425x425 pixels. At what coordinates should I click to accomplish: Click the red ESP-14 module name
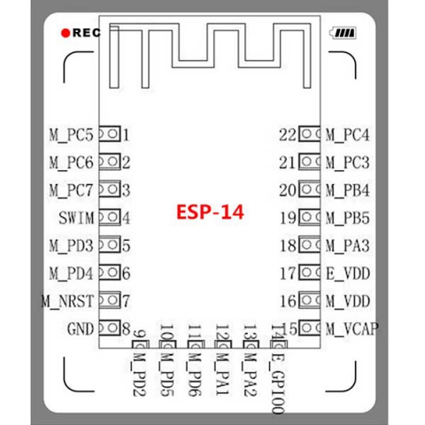pos(210,212)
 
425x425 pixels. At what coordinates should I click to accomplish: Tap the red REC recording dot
pos(66,33)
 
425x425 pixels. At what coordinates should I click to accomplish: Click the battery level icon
pos(343,33)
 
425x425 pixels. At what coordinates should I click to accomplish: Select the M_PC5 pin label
pos(71,135)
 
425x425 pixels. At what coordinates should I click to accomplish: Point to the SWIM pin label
pos(76,218)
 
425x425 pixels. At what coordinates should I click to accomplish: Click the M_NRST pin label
pos(68,301)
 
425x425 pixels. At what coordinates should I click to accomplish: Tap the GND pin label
pos(81,328)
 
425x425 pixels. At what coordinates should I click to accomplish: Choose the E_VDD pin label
pos(348,274)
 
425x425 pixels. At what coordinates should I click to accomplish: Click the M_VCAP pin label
pos(352,328)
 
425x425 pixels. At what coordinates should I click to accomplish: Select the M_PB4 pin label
pos(348,190)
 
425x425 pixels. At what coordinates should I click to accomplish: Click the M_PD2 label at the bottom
pos(139,375)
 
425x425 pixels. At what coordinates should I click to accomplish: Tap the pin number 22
pos(288,135)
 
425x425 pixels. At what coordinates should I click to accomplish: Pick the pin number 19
pos(288,218)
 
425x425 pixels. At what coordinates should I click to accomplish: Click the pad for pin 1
pos(110,134)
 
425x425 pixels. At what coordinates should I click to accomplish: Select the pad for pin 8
pos(110,328)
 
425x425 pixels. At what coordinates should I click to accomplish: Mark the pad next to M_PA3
pos(309,244)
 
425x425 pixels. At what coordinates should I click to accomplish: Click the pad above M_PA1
pos(223,344)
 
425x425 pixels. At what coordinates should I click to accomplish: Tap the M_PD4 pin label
pos(71,274)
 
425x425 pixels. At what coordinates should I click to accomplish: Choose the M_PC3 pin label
pos(348,163)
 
